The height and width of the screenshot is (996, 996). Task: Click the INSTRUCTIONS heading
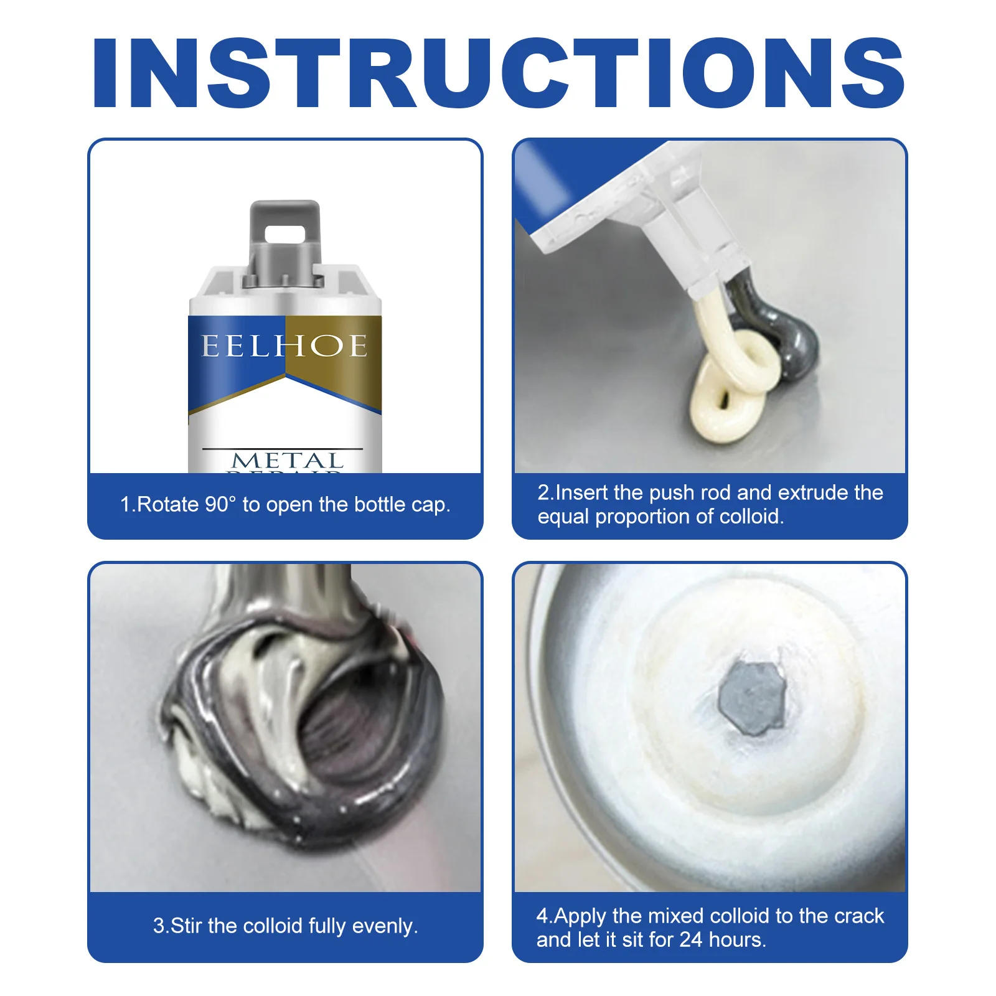coord(498,73)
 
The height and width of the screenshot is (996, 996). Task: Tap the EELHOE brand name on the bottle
coord(284,346)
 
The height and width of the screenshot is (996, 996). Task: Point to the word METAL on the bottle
coord(288,461)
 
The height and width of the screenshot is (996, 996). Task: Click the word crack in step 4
coord(858,916)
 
